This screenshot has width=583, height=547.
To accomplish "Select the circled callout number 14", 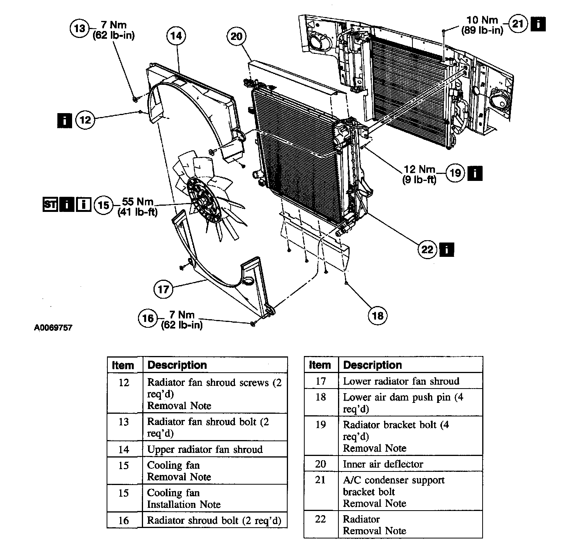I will (176, 36).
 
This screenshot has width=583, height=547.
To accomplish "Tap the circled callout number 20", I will (236, 37).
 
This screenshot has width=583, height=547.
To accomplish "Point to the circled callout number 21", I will (518, 24).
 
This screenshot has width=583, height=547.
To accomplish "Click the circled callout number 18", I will (377, 316).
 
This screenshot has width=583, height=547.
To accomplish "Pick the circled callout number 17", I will (163, 289).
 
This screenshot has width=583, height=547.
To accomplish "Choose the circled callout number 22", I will (427, 249).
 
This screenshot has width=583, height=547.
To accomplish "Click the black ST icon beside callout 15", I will (50, 204).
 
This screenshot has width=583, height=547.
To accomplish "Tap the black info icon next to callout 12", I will (64, 120).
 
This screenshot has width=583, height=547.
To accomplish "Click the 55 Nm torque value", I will (138, 202).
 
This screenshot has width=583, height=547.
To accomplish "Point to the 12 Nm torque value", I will (419, 170).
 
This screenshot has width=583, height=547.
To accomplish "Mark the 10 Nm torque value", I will (482, 20).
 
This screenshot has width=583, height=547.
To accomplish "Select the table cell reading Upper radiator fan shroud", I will (205, 449).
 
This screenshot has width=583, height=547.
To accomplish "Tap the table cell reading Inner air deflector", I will (383, 464).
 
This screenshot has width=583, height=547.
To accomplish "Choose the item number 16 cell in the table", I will (124, 520).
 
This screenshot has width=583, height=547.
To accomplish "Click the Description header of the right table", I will (373, 365).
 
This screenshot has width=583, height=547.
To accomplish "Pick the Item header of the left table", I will (123, 365).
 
